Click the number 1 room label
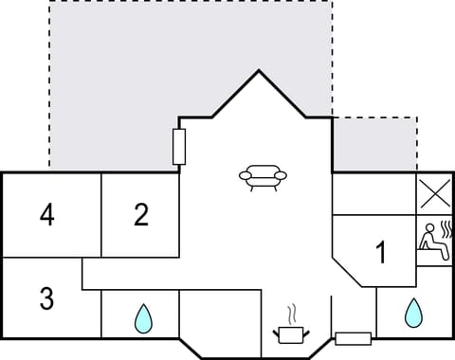point(381,253)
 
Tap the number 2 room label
point(141,216)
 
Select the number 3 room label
point(46,298)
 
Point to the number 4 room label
point(46,216)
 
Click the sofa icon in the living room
point(260,176)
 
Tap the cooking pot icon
point(292,333)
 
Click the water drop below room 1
point(412,313)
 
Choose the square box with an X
point(434,195)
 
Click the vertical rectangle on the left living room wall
point(179,147)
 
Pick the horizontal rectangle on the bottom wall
point(353,338)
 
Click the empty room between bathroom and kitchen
point(219,322)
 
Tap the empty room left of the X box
point(373,194)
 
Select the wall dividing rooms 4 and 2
point(100,215)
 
